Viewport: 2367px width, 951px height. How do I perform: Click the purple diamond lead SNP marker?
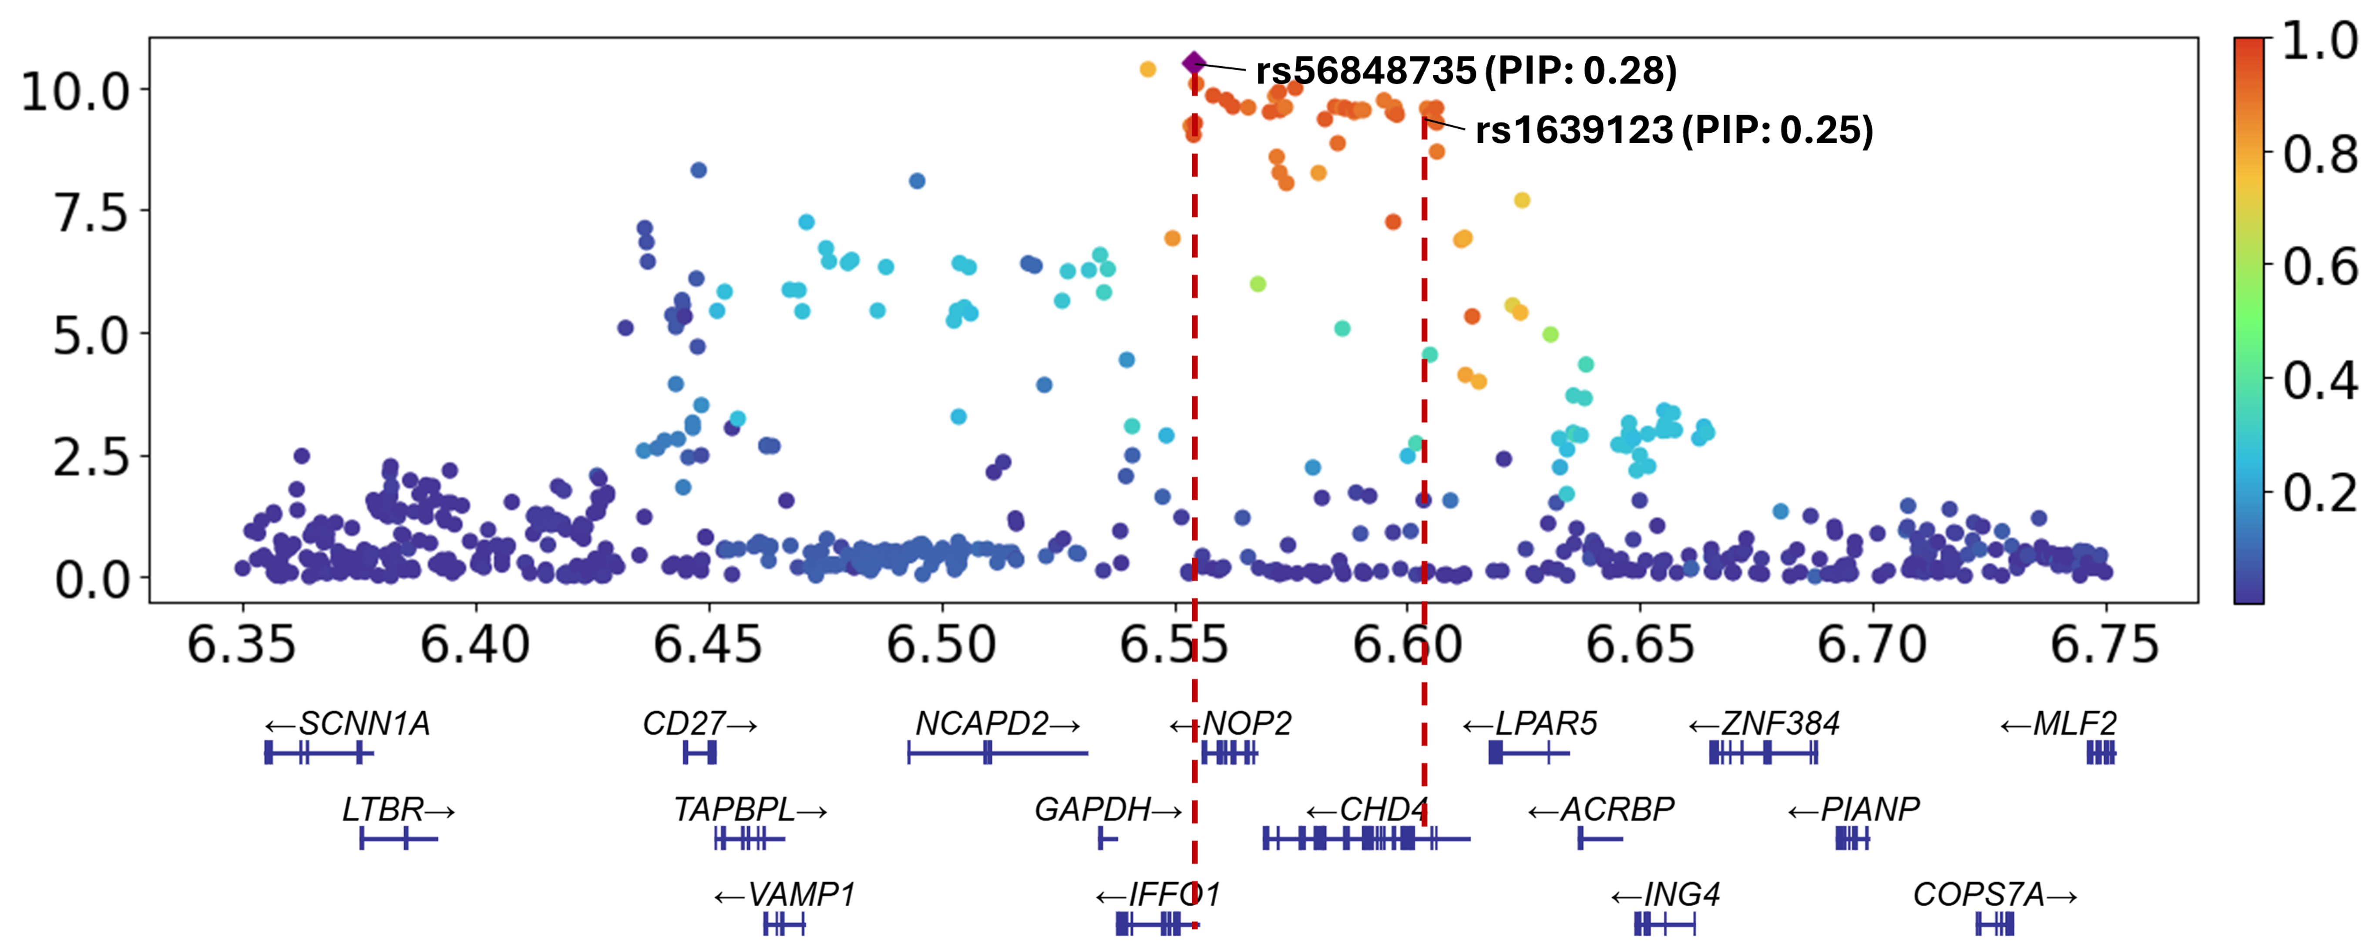(1193, 64)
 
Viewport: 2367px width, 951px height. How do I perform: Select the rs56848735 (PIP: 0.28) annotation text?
(1466, 71)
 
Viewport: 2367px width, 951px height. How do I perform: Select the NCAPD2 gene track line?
(1038, 753)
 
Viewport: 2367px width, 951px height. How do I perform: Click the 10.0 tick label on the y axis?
(75, 92)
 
